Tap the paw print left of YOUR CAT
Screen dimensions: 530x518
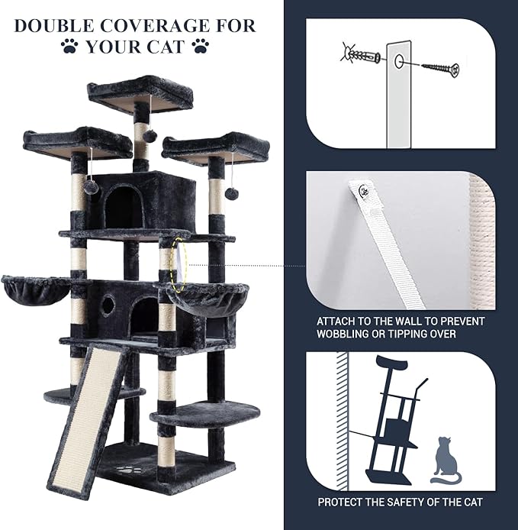point(69,47)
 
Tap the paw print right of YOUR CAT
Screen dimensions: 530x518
point(201,47)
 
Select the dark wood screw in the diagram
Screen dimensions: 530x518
point(439,67)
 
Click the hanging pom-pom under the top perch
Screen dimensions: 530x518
point(150,135)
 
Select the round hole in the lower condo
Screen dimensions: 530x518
point(108,305)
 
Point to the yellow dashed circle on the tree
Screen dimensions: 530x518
point(178,264)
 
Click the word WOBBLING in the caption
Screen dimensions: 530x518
point(346,334)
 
